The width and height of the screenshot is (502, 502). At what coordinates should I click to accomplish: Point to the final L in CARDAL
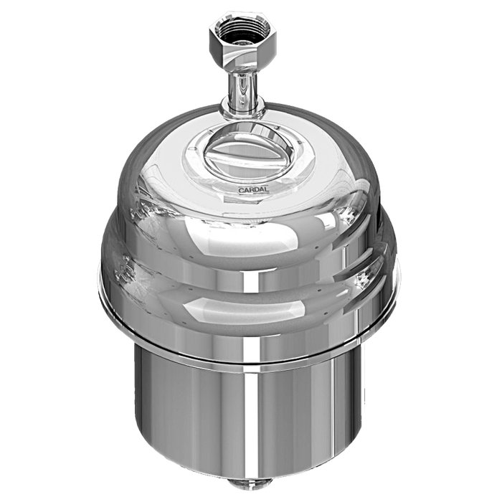267,190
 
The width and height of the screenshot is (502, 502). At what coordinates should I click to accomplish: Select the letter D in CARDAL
257,190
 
